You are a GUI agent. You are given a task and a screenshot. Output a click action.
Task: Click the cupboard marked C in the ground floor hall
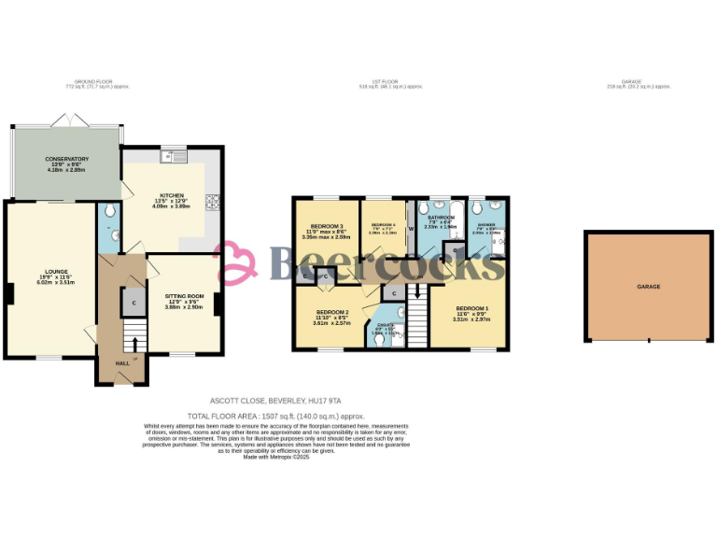(x=134, y=302)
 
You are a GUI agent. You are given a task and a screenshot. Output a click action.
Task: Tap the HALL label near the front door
(x=122, y=363)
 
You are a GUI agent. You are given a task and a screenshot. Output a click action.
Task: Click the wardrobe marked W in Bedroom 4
(x=411, y=228)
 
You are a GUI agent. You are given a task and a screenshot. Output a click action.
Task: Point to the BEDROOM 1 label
(x=471, y=308)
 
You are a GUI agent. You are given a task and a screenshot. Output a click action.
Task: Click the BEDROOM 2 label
(x=332, y=312)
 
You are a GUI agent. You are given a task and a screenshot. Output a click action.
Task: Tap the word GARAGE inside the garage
(x=649, y=286)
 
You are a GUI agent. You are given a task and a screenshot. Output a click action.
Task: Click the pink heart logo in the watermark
(x=236, y=263)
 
